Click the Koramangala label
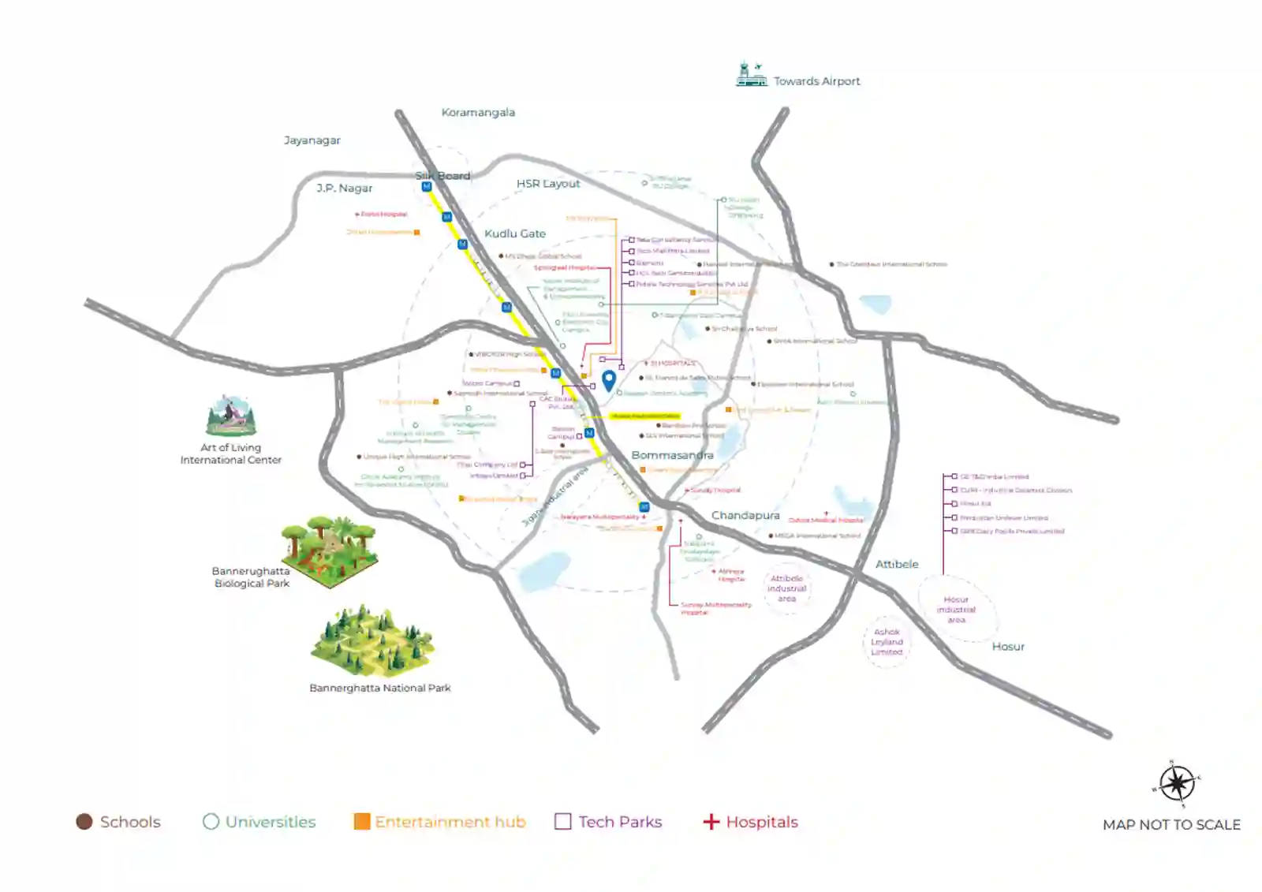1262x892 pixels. [478, 113]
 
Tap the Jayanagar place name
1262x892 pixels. [312, 140]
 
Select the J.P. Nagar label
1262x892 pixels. [345, 188]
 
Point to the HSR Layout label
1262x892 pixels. [548, 184]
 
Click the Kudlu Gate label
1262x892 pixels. [515, 233]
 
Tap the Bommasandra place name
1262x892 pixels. [672, 455]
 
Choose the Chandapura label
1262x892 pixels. [745, 515]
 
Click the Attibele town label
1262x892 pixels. [897, 564]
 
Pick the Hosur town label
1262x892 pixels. [1008, 646]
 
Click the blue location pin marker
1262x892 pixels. [609, 380]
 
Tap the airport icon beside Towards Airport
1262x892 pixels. [751, 74]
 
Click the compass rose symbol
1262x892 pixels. [1177, 784]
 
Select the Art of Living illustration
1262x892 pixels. [231, 416]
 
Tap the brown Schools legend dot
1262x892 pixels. [84, 822]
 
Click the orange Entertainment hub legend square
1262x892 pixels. [362, 822]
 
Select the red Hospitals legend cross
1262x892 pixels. [711, 822]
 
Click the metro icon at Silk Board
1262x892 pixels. [427, 187]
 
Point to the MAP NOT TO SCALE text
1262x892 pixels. [1171, 825]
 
